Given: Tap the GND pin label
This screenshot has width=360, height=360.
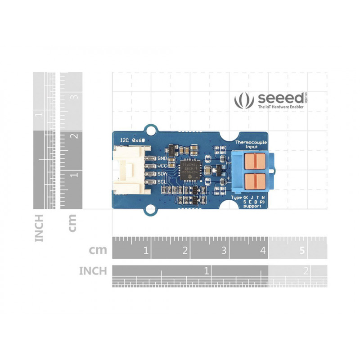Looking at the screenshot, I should tap(162, 159).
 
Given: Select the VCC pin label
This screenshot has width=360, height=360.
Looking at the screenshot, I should tap(162, 166).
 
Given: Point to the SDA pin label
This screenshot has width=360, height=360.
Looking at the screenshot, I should tap(162, 174).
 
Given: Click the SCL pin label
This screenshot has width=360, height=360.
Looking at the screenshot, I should tap(162, 182).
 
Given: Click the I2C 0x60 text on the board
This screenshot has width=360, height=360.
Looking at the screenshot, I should tap(131, 140).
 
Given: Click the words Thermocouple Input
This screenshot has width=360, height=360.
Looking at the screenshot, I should tap(252, 144).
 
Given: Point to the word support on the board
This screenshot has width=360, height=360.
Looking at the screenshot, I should tap(252, 207).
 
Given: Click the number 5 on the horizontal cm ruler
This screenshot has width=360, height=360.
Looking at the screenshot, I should tap(302, 250).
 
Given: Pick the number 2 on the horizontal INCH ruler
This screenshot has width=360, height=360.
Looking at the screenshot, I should tap(306, 271).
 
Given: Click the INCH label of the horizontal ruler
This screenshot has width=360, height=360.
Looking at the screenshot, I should tap(93, 271).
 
